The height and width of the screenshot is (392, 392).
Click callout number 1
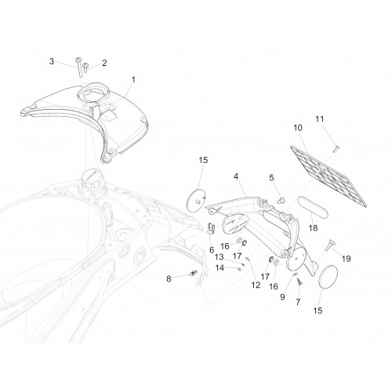[133, 79]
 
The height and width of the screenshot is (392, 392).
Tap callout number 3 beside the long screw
[52, 61]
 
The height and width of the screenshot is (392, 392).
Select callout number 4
[236, 176]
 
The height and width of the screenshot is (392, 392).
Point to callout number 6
[212, 250]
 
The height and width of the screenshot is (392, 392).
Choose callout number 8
[169, 279]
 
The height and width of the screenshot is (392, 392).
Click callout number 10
[298, 128]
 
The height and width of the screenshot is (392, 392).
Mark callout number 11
[320, 119]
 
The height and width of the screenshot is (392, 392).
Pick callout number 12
[256, 285]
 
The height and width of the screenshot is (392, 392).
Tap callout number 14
[220, 268]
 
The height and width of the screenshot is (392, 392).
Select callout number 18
[313, 228]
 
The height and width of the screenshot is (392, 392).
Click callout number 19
[346, 259]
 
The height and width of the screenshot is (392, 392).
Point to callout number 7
[298, 302]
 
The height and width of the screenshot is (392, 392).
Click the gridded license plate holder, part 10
[328, 176]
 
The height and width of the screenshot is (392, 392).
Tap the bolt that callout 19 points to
[328, 245]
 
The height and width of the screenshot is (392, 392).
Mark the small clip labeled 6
[211, 228]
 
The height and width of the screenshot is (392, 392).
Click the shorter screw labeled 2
[85, 67]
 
